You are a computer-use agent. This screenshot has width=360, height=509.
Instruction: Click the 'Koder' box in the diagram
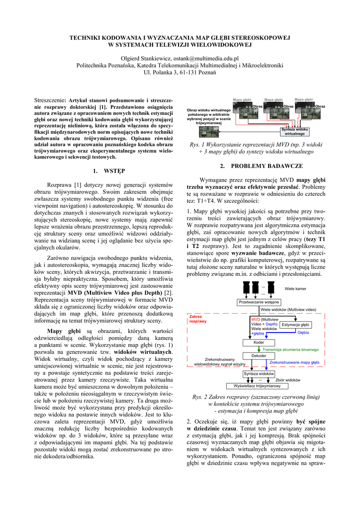click(259, 342)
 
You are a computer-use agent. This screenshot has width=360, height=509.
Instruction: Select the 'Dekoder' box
click(259, 355)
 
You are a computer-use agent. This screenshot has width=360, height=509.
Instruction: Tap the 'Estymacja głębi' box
click(295, 325)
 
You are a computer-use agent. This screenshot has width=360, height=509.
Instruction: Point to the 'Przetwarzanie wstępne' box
click(259, 302)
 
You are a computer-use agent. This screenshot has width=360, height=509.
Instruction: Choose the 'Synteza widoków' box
click(259, 373)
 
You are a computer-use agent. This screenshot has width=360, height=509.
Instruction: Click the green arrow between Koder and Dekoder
click(259, 349)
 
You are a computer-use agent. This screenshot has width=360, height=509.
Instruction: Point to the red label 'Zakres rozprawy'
click(198, 319)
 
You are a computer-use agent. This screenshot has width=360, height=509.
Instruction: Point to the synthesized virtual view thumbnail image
click(208, 131)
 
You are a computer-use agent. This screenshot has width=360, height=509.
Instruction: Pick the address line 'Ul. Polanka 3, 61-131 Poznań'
click(180, 73)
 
